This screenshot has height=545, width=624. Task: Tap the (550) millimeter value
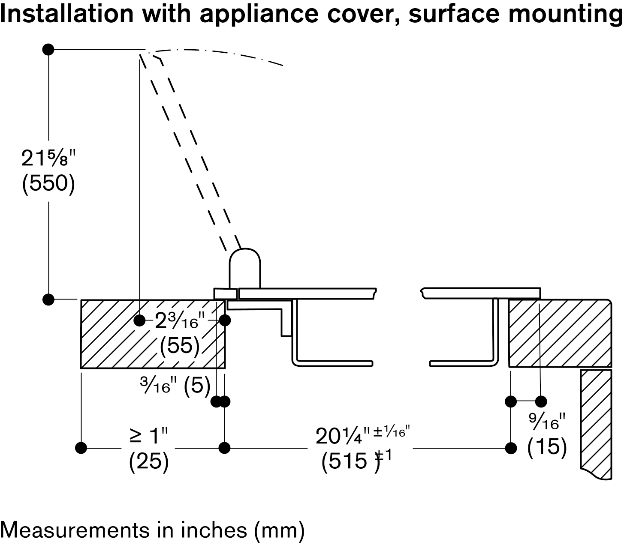48,184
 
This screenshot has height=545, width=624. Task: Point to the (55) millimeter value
180,345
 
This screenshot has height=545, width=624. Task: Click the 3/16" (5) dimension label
175,386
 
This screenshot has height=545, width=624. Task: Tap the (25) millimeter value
148,462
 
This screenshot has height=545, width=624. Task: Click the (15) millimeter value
547,447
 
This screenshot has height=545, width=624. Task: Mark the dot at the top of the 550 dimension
48,49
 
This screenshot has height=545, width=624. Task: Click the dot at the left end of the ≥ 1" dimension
81,448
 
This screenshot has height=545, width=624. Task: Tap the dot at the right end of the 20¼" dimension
510,448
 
